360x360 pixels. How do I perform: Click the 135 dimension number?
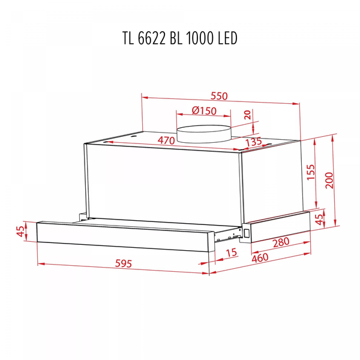[254, 142]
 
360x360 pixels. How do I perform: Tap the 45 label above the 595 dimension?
[21, 232]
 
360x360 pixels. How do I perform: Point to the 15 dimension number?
[231, 253]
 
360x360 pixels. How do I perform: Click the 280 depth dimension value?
[281, 242]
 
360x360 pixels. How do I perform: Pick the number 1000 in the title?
[199, 38]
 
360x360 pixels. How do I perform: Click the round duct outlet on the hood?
[204, 133]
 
